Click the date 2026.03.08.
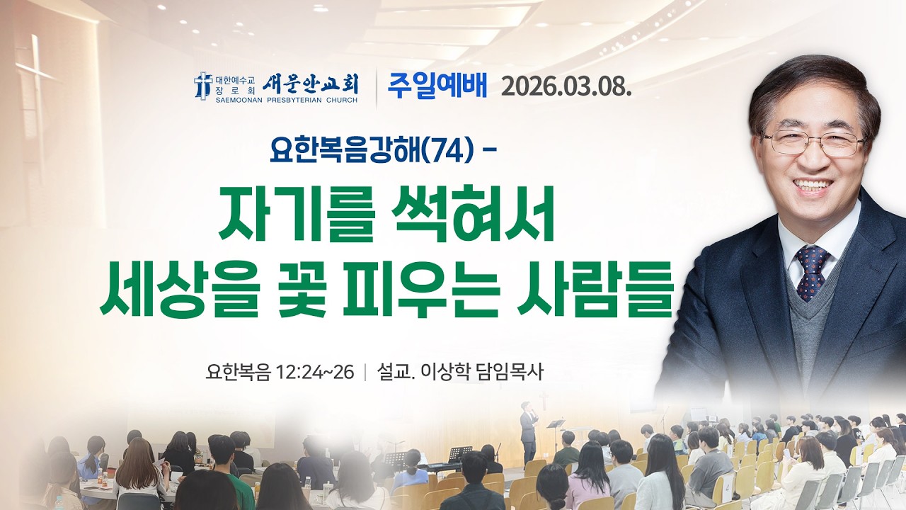[x=566, y=86]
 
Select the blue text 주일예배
[x=437, y=86]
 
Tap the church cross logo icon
[x=203, y=85]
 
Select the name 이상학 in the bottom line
[x=448, y=371]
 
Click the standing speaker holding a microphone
[x=528, y=431]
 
